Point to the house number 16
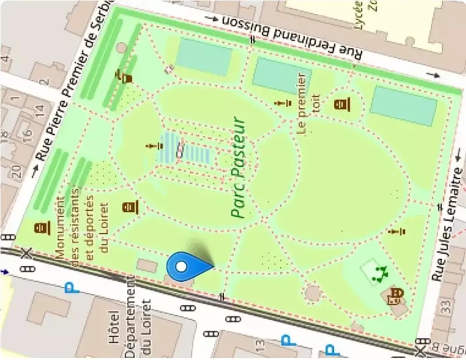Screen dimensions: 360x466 pyautogui.click(x=27, y=133)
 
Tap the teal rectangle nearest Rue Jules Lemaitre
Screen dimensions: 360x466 pyautogui.click(x=404, y=105)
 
